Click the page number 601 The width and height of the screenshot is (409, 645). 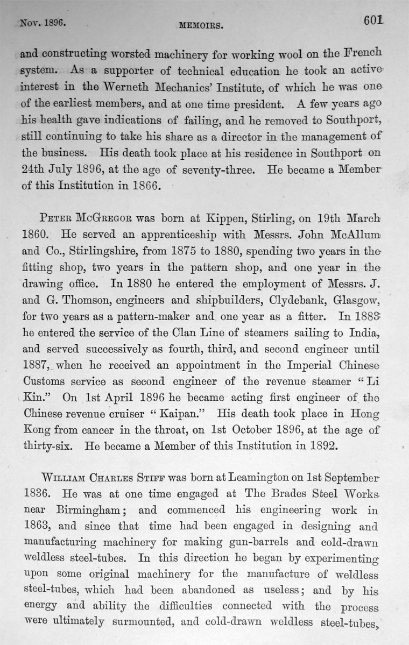pyautogui.click(x=373, y=21)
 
